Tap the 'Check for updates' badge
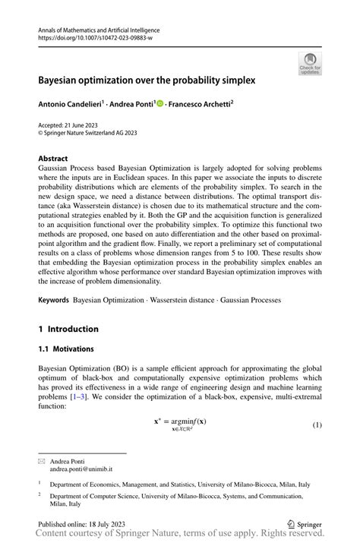[x=310, y=64]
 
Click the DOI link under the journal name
[x=94, y=37]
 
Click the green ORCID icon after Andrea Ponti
[x=160, y=103]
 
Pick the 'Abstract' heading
[x=52, y=159]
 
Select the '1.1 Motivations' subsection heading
[x=66, y=349]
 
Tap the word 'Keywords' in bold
[x=54, y=301]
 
